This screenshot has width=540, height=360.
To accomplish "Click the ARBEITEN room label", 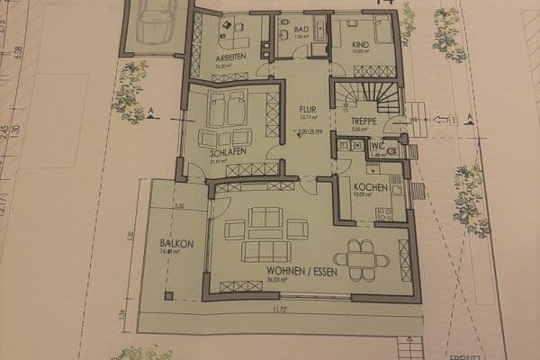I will (x=230, y=57).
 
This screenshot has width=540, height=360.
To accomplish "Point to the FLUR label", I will (x=308, y=109).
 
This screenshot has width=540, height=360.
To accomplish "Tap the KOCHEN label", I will (x=370, y=187).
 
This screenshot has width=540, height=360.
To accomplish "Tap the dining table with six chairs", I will (x=367, y=258).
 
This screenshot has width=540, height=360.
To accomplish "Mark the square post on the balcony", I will (x=168, y=295).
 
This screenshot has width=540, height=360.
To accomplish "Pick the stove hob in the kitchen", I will (x=385, y=214).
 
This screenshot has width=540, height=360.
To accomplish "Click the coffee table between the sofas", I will (x=265, y=231).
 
